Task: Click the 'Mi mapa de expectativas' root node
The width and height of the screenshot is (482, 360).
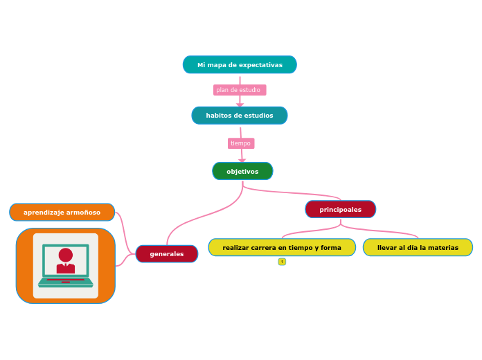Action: [x=240, y=65]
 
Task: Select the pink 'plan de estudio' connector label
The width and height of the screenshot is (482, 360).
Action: [x=239, y=90]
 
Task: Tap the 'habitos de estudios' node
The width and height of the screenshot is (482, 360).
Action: [x=240, y=116]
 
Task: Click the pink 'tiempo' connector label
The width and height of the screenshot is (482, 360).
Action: [x=240, y=143]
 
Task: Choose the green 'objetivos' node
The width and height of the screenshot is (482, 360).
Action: [x=242, y=171]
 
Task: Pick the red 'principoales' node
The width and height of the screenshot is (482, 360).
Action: [x=340, y=209]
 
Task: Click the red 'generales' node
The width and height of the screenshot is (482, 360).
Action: [x=167, y=254]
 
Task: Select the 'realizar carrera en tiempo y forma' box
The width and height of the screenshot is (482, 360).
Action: [x=282, y=248]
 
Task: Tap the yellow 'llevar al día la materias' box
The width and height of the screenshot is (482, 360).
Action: [x=418, y=248]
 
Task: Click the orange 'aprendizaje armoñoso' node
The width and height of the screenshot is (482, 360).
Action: [x=62, y=213]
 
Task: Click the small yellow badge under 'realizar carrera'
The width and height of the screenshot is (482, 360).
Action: [x=282, y=262]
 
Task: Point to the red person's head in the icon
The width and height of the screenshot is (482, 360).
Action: [x=66, y=255]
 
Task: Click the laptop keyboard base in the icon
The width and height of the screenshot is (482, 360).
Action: [x=66, y=282]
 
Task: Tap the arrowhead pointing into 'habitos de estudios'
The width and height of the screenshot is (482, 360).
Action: [x=240, y=105]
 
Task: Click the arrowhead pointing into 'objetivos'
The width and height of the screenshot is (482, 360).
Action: [x=242, y=161]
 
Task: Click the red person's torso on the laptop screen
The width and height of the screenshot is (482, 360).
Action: [x=66, y=268]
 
